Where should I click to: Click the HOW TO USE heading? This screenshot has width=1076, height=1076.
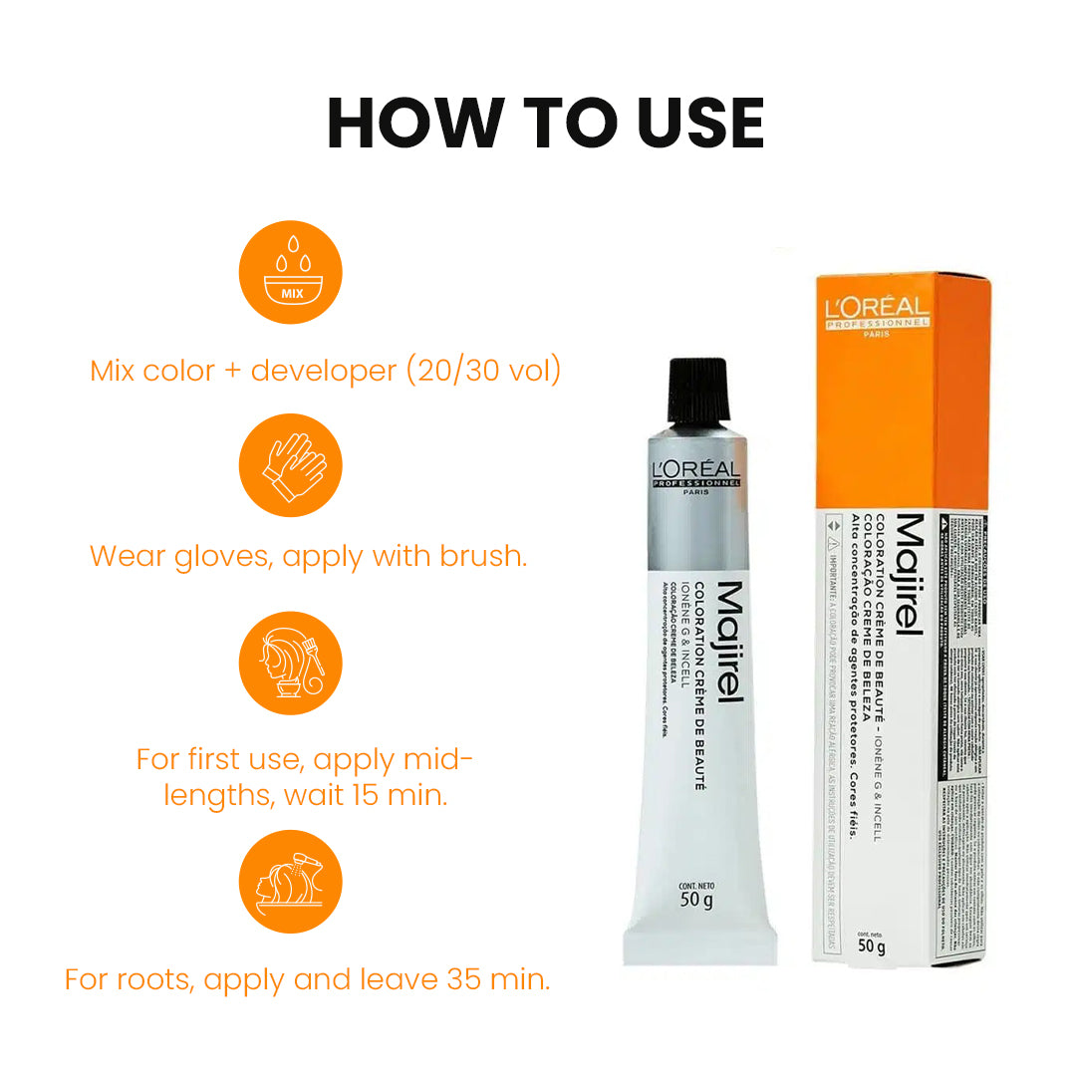pos(545,124)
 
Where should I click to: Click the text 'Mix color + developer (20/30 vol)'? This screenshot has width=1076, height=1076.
pos(325,371)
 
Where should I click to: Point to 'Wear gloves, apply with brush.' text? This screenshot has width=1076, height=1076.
pos(308,556)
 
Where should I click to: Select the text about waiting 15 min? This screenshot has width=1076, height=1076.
pos(305,778)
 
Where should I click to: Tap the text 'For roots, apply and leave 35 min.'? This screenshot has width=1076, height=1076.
pos(307,978)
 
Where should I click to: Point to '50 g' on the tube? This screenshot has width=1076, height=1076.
pos(695,901)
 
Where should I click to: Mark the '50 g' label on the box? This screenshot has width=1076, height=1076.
pos(871,945)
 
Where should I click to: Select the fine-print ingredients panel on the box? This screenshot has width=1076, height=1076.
pos(960,717)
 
